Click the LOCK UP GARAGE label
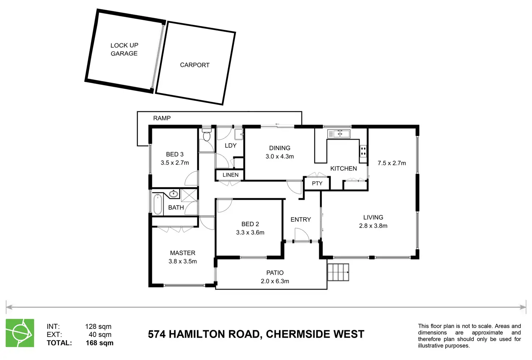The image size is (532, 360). (x=124, y=49)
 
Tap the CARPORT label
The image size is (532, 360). (x=194, y=65)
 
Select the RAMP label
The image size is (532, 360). (x=162, y=118)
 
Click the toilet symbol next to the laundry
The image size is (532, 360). (x=207, y=136)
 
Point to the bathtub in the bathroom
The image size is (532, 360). (x=158, y=205)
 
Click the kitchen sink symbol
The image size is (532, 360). (x=339, y=134)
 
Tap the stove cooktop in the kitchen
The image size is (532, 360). (x=363, y=151)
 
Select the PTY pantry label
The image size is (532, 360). (x=317, y=183)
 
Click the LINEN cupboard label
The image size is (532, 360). (x=230, y=175)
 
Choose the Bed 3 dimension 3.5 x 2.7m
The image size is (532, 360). (x=175, y=163)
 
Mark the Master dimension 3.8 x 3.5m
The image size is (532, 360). (x=183, y=261)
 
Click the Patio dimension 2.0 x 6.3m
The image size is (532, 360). (x=275, y=281)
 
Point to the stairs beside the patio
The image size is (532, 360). (x=338, y=272)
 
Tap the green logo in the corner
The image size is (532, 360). (x=20, y=333)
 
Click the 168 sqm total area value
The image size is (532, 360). (x=99, y=343)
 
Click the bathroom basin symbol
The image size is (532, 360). (x=173, y=194)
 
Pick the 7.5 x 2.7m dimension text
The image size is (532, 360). (x=391, y=163)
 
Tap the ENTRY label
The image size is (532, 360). (x=300, y=219)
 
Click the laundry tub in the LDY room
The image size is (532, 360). (x=239, y=134)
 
